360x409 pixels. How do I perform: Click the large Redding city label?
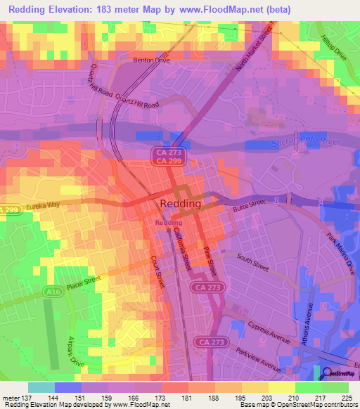point(181,203)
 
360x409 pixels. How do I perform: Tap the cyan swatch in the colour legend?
point(41,387)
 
